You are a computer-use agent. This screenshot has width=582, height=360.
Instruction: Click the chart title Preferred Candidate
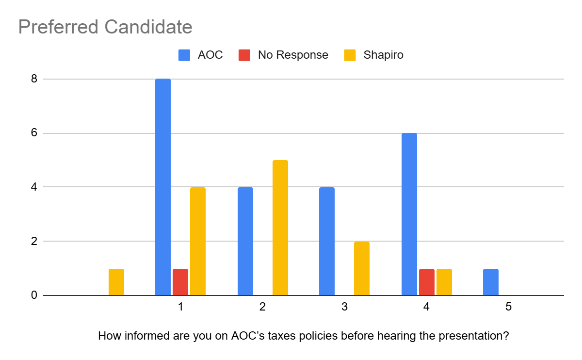tap(105, 27)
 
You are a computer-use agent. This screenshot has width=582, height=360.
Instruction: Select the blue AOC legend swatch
tap(184, 55)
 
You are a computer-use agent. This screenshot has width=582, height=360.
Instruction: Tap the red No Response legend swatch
tap(244, 55)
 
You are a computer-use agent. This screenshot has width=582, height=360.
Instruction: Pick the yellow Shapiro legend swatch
tap(350, 55)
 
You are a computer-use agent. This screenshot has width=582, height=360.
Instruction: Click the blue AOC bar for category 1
tap(163, 187)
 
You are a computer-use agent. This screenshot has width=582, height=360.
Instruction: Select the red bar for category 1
tap(180, 282)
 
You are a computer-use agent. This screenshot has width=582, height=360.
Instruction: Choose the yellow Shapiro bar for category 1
tap(198, 241)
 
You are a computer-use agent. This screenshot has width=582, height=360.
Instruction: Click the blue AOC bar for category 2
tap(245, 241)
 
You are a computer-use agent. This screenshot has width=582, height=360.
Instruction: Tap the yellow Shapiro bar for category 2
tap(280, 228)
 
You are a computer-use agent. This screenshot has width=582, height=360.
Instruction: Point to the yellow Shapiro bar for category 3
tap(362, 268)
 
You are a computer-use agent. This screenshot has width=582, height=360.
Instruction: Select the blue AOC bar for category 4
tap(409, 214)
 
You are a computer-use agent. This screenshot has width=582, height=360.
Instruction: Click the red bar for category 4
tap(427, 282)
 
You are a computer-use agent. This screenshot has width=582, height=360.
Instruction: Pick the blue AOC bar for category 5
tap(491, 282)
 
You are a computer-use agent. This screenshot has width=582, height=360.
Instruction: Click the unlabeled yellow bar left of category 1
tap(116, 282)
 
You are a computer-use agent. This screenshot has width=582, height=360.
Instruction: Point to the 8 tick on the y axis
tap(34, 79)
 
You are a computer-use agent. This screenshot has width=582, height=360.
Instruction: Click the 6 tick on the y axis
tap(34, 133)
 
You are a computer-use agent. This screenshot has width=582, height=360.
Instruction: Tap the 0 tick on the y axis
tap(34, 295)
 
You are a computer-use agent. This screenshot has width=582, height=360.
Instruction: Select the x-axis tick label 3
tap(344, 307)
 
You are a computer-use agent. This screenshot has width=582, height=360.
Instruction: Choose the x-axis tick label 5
tap(508, 307)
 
